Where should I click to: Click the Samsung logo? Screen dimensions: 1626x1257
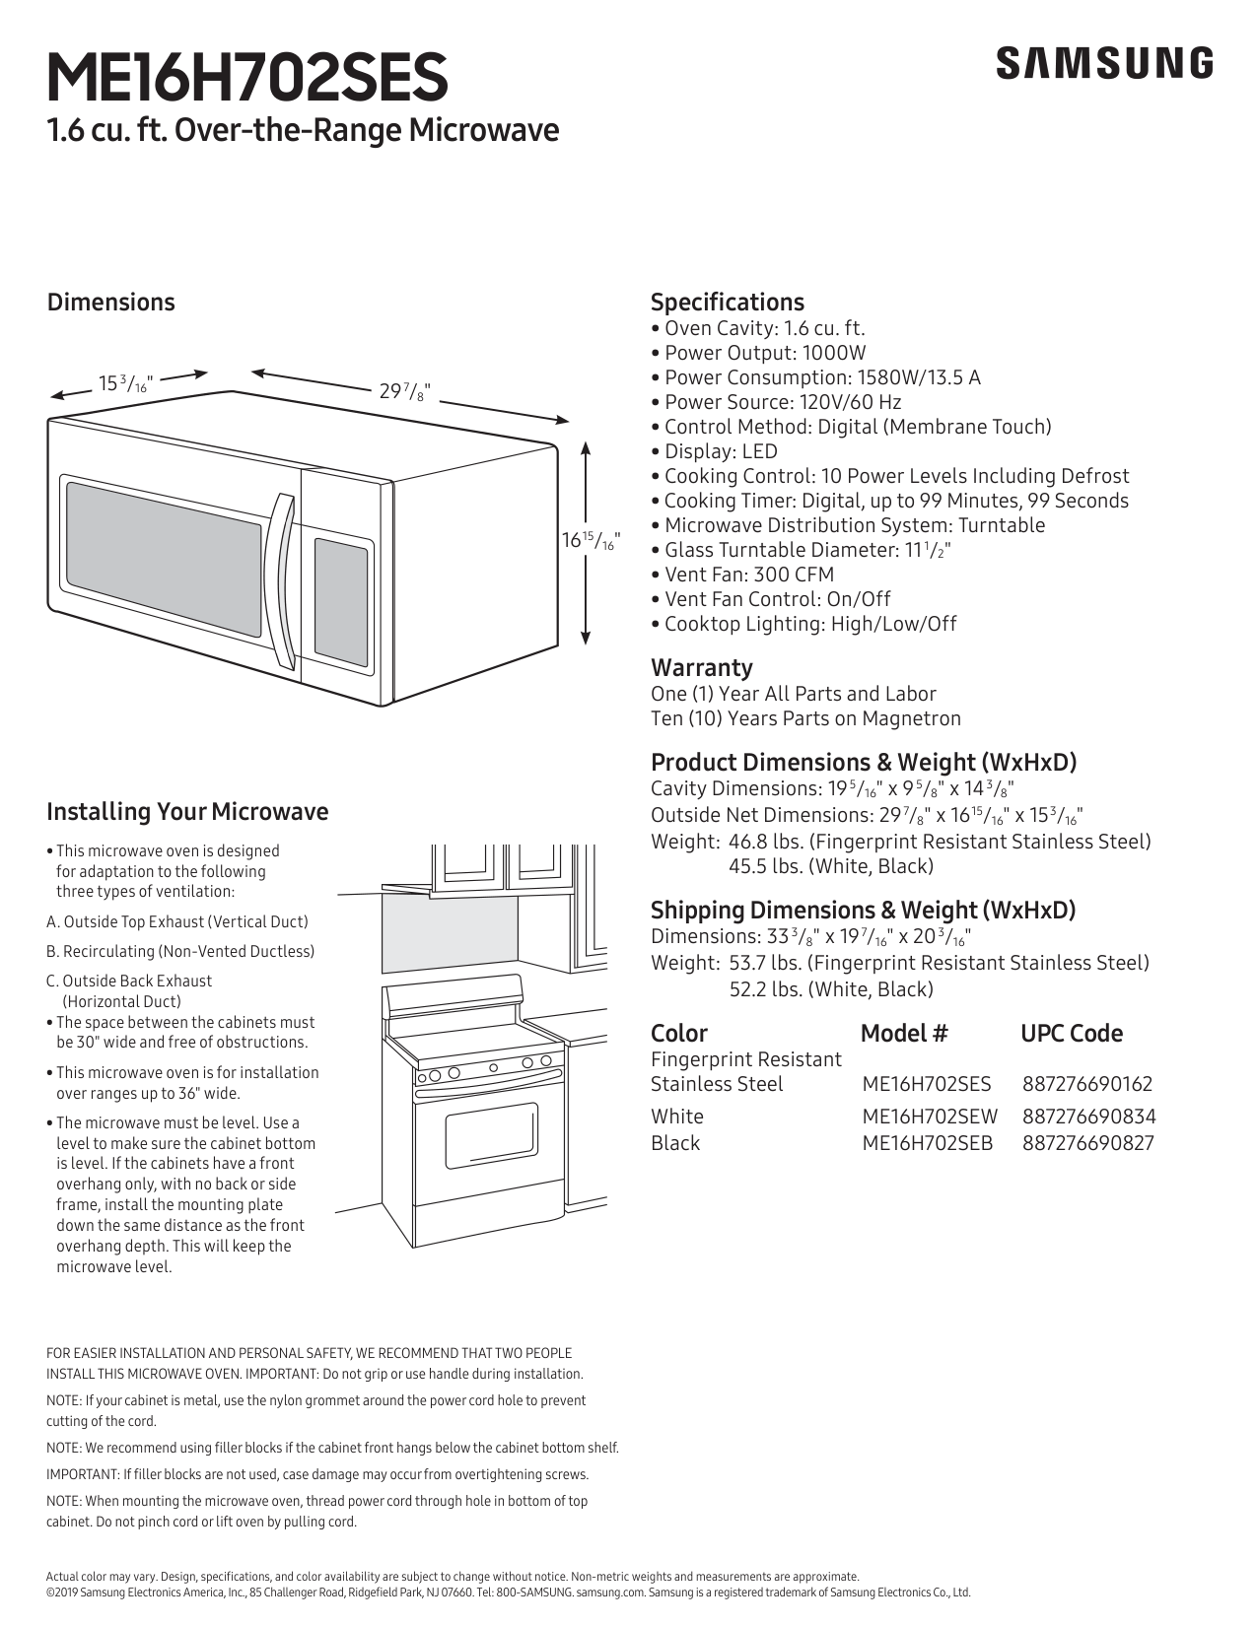point(1104,63)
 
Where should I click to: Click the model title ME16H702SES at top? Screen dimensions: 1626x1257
point(246,79)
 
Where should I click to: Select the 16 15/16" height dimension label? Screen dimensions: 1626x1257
point(590,540)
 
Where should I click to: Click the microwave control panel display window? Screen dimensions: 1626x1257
point(341,599)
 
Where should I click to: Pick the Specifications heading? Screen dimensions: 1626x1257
point(727,303)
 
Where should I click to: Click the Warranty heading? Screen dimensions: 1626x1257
point(701,667)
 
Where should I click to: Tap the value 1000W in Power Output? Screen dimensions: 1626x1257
point(834,353)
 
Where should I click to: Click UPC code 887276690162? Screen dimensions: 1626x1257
point(1086,1084)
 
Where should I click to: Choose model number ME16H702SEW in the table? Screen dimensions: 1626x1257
point(929,1117)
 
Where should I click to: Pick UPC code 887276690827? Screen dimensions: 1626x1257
point(1086,1143)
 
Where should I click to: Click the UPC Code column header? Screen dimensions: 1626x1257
point(1071,1033)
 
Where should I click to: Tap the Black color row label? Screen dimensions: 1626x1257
point(675,1143)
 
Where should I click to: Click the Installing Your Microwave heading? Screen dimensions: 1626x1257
point(187,812)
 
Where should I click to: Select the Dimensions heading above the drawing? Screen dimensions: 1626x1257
point(110,303)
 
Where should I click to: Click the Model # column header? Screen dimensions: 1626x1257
point(903,1033)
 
